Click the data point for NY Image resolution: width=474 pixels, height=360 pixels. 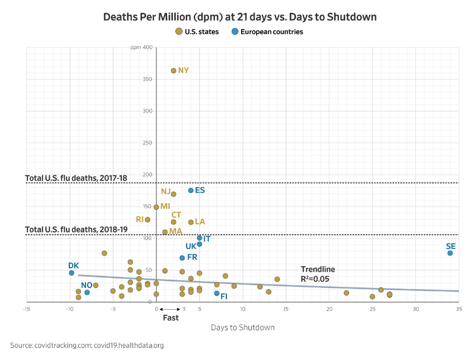point(174,71)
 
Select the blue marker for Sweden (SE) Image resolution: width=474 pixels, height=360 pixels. point(450,253)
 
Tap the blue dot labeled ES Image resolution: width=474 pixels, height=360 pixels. point(191,190)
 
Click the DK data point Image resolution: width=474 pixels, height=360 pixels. point(71,273)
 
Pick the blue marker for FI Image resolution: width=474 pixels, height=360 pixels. point(217,294)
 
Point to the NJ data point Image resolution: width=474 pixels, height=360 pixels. point(174,194)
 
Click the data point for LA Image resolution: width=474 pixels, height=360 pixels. point(191,222)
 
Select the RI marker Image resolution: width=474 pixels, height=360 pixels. point(147,220)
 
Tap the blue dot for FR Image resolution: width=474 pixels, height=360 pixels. point(182,258)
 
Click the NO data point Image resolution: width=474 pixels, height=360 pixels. point(87,292)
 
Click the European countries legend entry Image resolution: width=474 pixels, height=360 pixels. point(267,32)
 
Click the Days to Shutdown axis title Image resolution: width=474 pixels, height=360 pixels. point(242,327)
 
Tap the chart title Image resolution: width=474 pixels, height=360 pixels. point(240,17)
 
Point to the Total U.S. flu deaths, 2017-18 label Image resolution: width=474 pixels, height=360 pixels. point(76,178)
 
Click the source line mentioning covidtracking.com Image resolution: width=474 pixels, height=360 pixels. point(87,345)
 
